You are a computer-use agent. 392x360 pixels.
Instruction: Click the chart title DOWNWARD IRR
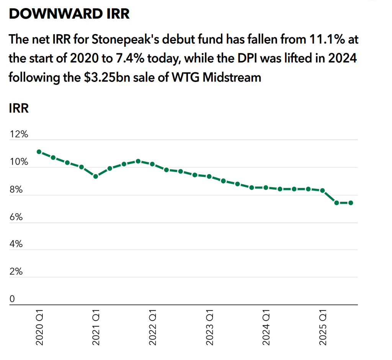(69, 14)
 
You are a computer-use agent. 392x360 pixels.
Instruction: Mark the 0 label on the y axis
(12, 299)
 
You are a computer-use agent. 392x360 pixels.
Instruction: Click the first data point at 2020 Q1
(39, 152)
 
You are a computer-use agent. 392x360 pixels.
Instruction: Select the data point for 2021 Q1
(96, 176)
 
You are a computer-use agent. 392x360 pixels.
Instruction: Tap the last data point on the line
(351, 203)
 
